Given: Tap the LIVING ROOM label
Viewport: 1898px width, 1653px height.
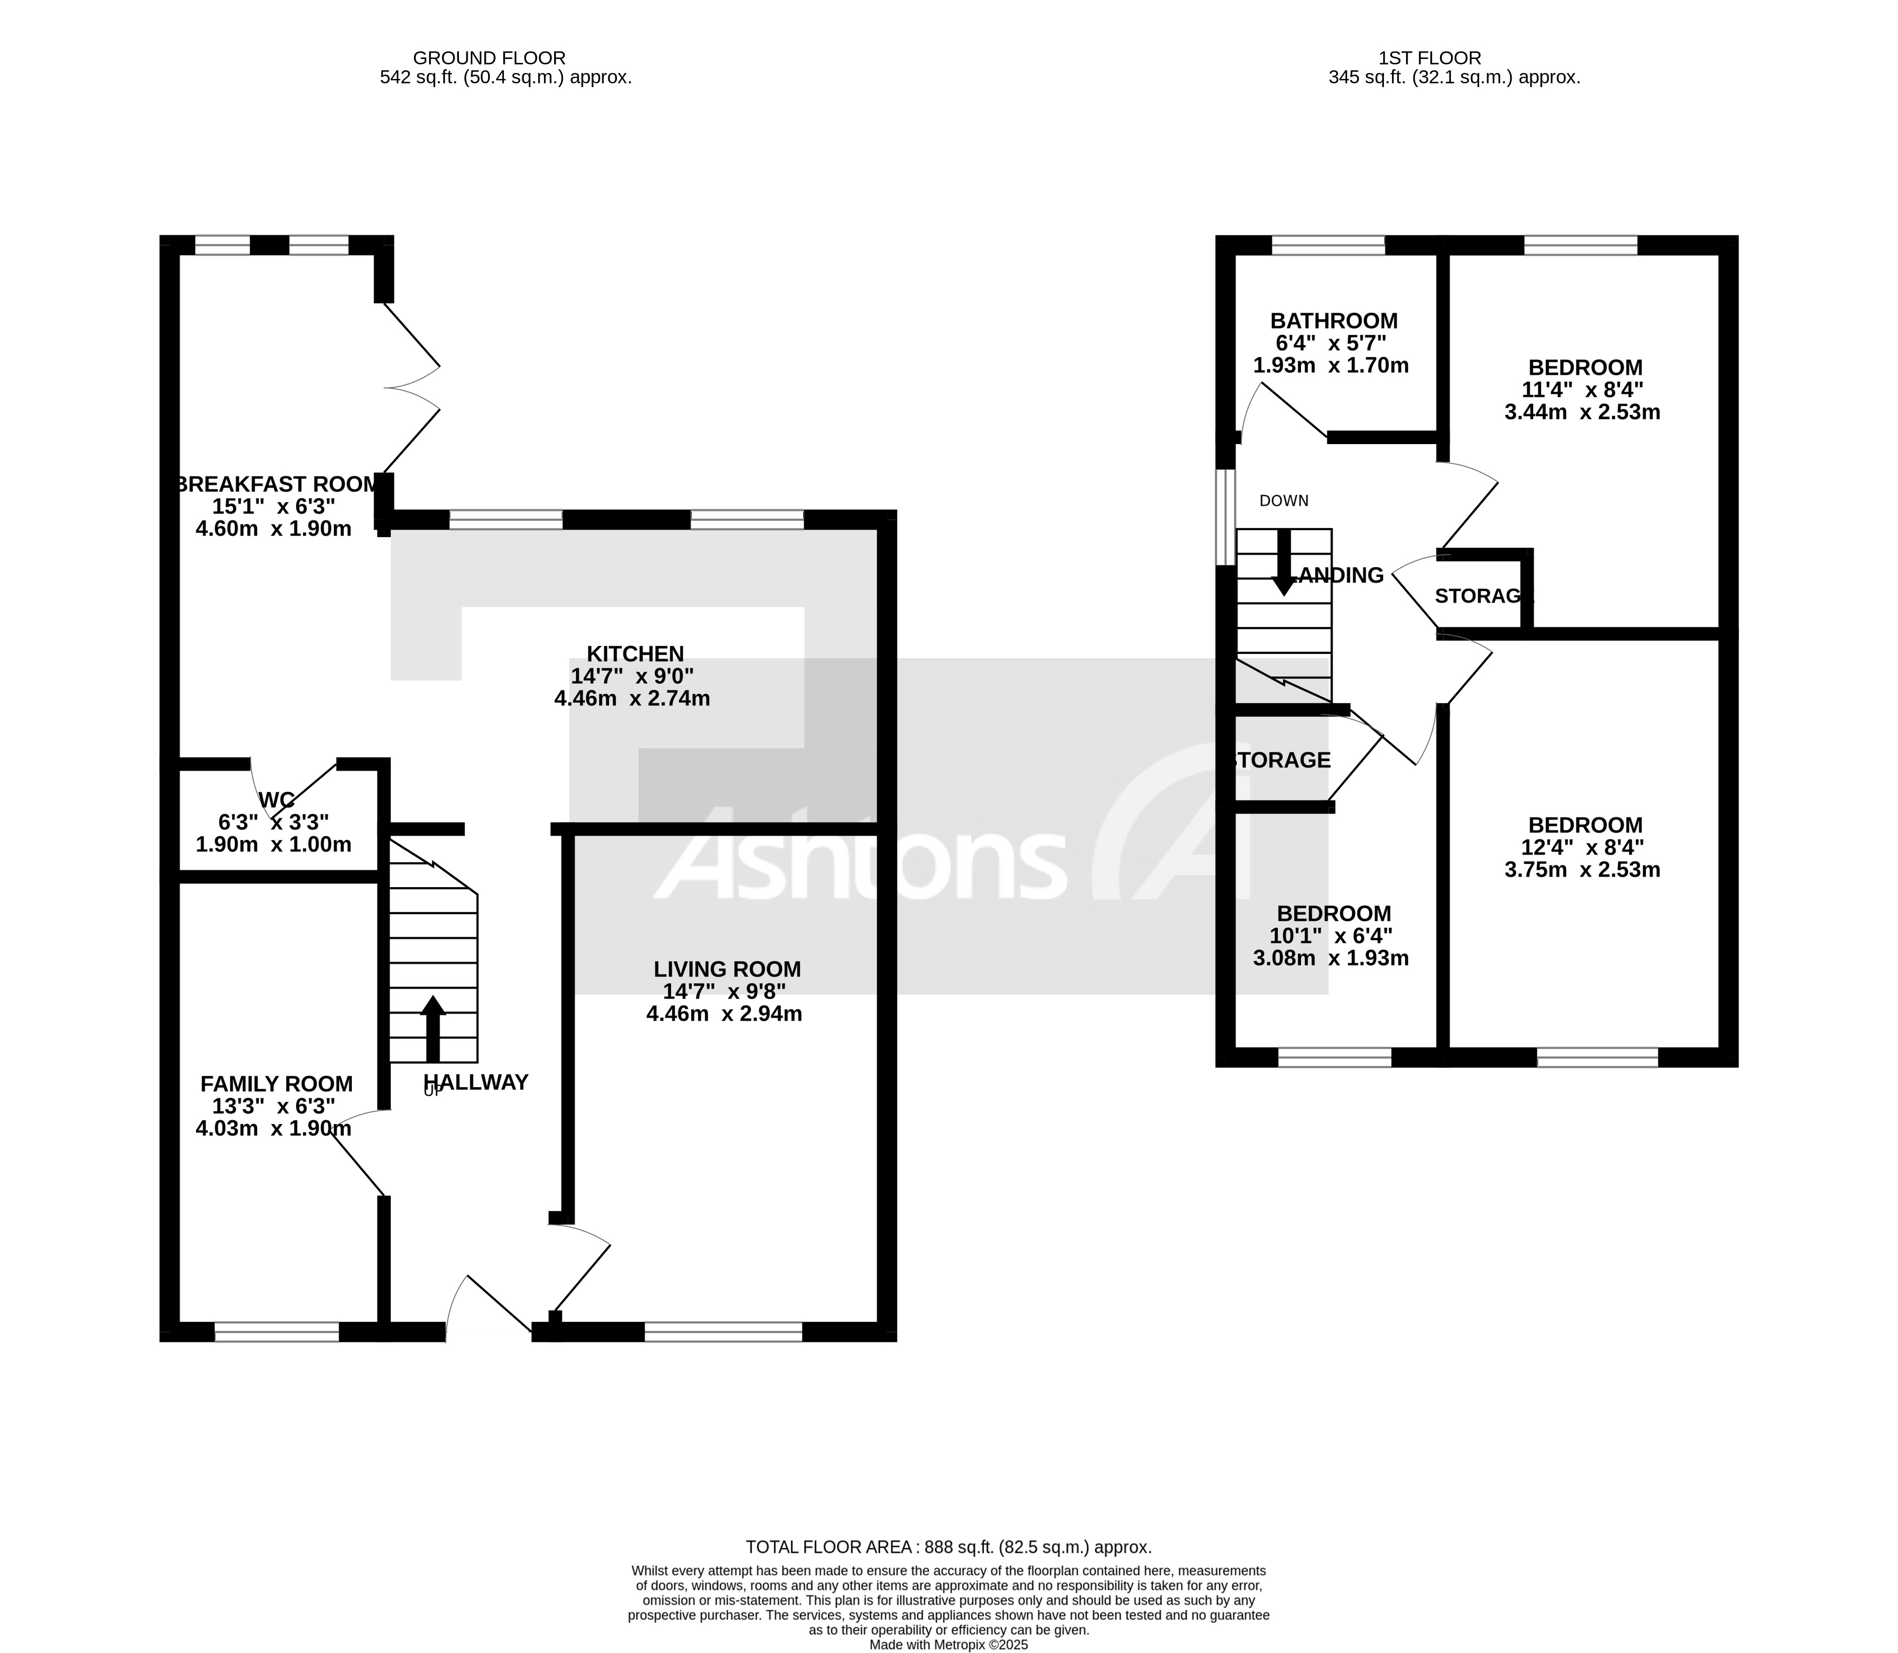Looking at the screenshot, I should (x=727, y=969).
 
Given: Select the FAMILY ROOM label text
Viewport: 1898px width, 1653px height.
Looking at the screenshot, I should (x=277, y=1084).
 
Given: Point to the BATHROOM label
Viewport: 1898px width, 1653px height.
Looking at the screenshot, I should (x=1334, y=321).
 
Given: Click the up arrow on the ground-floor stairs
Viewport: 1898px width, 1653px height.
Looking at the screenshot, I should (x=433, y=1028).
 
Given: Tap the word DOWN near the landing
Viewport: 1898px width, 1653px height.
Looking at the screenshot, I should (x=1284, y=501).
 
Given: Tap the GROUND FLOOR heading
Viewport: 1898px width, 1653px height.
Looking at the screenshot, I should (x=489, y=58).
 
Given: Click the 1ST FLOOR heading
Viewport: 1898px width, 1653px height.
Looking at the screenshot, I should (x=1429, y=58).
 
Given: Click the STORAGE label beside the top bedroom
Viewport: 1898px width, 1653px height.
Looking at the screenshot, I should (x=1480, y=596).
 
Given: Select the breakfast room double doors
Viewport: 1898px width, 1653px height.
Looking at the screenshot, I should (x=411, y=387).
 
